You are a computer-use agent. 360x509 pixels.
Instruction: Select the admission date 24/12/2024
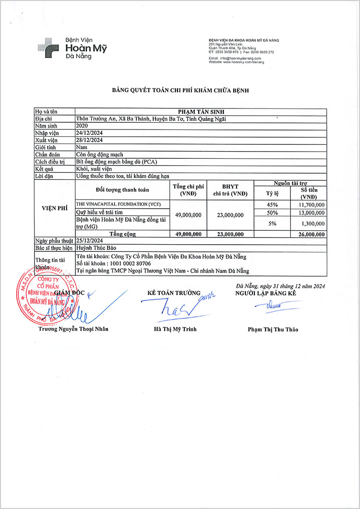click(90, 132)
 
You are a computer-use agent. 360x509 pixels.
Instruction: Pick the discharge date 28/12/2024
click(90, 140)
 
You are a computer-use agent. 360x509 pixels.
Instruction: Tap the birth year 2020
click(83, 125)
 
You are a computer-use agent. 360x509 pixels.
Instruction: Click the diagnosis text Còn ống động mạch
click(99, 154)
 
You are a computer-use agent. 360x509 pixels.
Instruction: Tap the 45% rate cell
click(272, 205)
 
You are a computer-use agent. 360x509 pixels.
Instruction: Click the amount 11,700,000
click(311, 205)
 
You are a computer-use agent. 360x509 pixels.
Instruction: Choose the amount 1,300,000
click(311, 223)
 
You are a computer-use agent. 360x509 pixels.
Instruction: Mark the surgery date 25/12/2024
click(90, 241)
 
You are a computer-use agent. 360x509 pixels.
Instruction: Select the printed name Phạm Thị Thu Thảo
click(273, 330)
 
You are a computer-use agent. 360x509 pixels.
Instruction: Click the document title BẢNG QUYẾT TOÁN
click(180, 90)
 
